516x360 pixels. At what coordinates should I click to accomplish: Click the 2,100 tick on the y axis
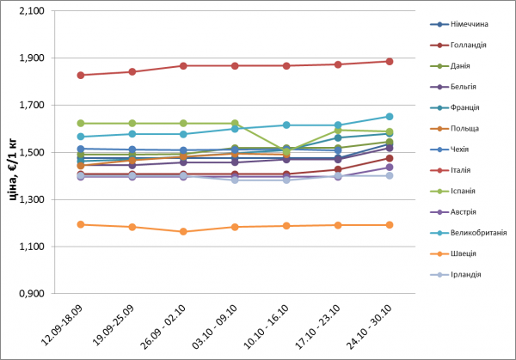point(32,11)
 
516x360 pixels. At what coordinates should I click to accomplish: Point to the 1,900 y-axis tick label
point(32,58)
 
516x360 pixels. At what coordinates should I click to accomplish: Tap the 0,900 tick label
point(32,294)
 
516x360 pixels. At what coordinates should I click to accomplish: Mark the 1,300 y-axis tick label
point(32,199)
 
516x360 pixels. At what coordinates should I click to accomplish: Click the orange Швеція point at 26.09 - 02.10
point(183,231)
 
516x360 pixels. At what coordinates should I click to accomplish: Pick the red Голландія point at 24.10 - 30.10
point(389,62)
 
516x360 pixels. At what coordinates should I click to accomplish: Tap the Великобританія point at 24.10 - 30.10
point(389,116)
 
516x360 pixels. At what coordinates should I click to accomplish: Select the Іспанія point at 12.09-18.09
point(81,123)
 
